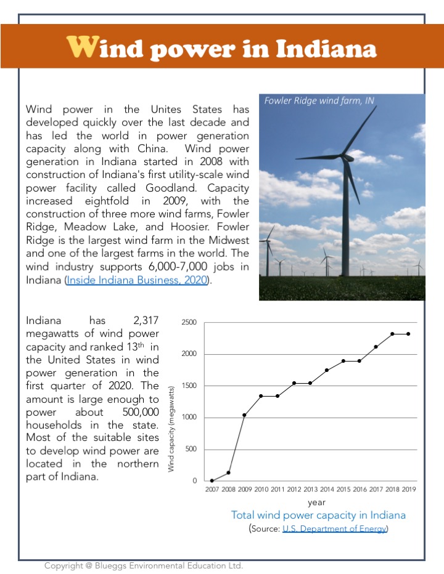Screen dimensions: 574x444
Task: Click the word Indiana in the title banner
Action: click(326, 48)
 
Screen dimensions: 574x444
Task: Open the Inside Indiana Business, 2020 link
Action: click(139, 280)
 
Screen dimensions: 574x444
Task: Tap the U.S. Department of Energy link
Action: click(334, 528)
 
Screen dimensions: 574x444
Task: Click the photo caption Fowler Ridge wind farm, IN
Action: click(319, 100)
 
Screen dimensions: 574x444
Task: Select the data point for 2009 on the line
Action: click(244, 415)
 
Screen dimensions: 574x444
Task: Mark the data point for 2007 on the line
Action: click(212, 480)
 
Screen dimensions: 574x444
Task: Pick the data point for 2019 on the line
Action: click(408, 334)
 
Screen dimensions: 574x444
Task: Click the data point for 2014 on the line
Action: click(326, 370)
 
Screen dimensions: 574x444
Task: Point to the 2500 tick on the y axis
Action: click(189, 323)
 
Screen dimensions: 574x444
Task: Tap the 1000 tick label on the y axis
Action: click(189, 418)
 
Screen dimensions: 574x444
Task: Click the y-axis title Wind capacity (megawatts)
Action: click(171, 429)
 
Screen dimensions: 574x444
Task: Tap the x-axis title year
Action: click(317, 503)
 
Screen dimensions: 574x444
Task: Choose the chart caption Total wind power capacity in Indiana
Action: click(318, 515)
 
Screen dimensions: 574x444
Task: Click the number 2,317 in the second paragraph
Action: click(146, 320)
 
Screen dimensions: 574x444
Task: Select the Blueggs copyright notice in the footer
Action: click(144, 565)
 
